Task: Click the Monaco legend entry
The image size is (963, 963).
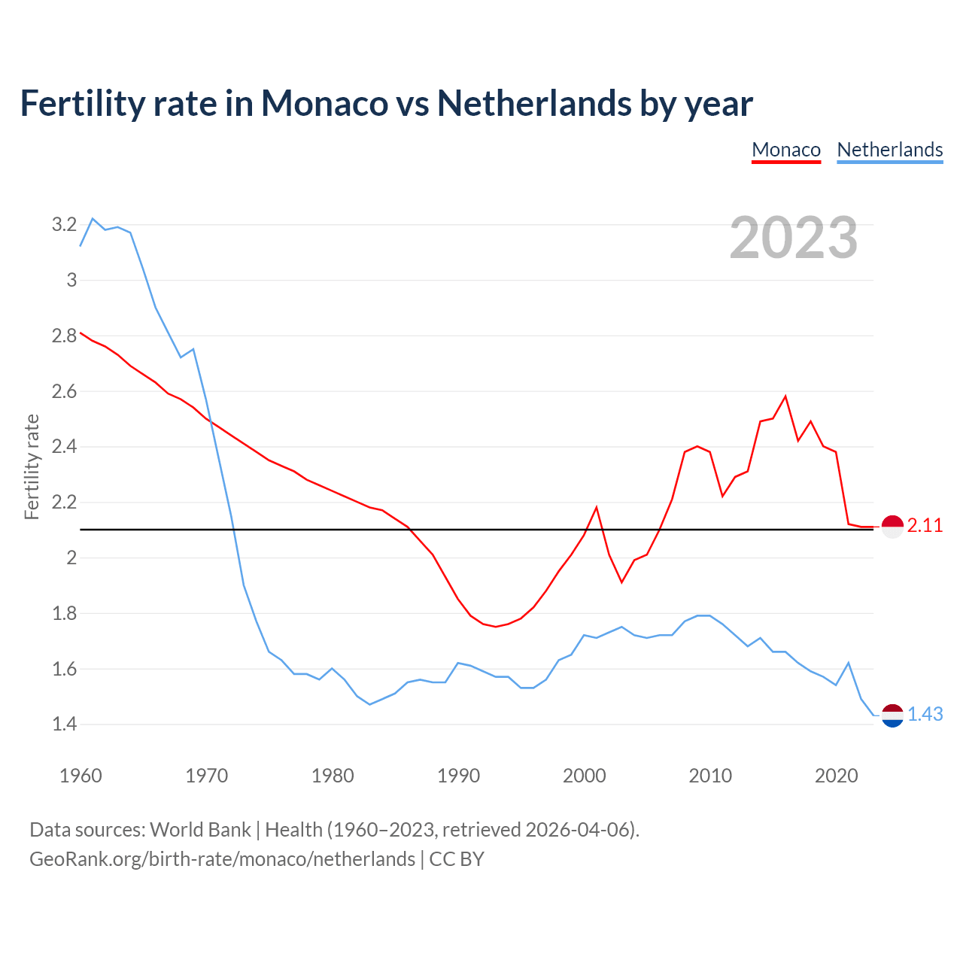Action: click(786, 150)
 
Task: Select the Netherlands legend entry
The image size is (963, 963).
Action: click(890, 150)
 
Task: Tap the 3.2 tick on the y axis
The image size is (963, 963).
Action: click(64, 224)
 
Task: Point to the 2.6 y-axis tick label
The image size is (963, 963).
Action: click(64, 391)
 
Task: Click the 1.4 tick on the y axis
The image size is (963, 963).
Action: click(64, 725)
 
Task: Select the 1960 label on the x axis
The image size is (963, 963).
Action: click(81, 776)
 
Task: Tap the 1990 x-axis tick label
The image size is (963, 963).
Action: click(458, 776)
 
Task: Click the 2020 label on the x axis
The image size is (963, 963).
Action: click(836, 776)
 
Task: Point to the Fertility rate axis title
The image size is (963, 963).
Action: click(32, 466)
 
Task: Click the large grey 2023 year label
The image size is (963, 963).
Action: click(794, 238)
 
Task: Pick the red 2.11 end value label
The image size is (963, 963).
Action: click(925, 526)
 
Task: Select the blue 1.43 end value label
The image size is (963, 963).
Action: click(925, 714)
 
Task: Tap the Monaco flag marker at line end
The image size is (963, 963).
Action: click(892, 527)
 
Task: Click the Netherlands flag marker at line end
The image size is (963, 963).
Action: click(892, 715)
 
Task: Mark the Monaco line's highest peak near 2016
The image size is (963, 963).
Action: click(785, 396)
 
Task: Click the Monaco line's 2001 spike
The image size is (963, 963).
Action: click(597, 507)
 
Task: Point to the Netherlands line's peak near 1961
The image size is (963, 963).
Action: click(93, 218)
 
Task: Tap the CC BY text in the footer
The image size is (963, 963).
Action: click(457, 859)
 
